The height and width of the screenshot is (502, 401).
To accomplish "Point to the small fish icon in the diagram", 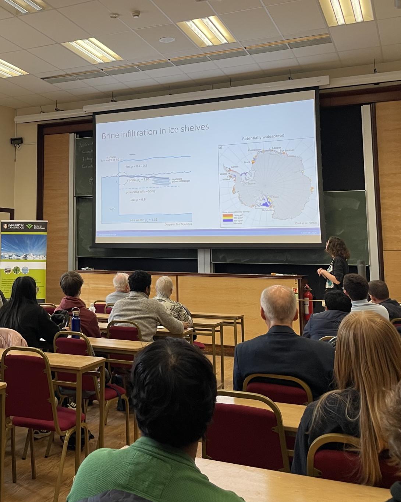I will (x=111, y=208).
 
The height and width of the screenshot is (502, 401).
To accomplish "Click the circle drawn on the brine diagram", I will (x=123, y=178).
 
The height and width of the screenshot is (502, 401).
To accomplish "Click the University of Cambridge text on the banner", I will (x=14, y=226).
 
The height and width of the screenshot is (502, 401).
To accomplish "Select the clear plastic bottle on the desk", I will (x=92, y=308).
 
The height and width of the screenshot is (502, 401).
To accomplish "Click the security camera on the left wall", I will (x=16, y=141).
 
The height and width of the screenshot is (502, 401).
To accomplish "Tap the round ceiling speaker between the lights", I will (x=166, y=40).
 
